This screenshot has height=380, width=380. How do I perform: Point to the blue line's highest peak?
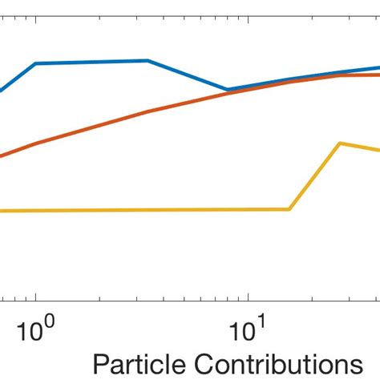pos(148,60)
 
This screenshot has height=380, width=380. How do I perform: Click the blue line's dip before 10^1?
pos(228,90)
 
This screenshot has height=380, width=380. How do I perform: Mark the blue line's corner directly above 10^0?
pos(36,63)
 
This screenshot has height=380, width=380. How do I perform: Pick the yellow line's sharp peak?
pos(342,144)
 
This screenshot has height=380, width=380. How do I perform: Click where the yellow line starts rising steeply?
pos(289,209)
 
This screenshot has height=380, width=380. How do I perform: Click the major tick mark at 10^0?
pos(36,297)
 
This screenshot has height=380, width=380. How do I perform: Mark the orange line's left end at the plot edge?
pos(2,156)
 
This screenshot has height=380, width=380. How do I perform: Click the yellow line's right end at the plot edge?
pos(378,150)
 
